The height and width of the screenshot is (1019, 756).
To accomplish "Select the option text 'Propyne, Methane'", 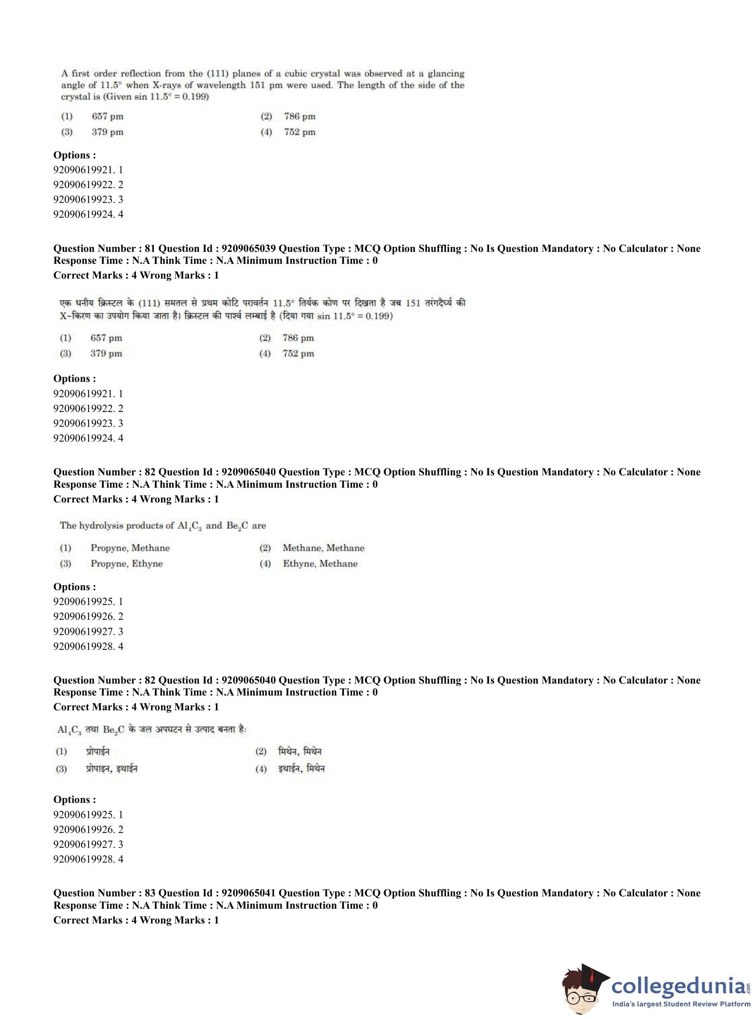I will click(130, 548).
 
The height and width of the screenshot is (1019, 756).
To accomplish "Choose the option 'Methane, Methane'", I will click(323, 548).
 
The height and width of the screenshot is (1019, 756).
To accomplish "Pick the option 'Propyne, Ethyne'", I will click(126, 563).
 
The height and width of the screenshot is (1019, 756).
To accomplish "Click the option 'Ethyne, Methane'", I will click(320, 563).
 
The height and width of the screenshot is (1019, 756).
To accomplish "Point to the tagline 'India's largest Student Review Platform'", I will click(681, 1004).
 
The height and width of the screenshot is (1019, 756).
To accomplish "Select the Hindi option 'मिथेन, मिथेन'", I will click(300, 751).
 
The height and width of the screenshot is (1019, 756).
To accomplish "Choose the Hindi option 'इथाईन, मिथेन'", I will click(301, 769).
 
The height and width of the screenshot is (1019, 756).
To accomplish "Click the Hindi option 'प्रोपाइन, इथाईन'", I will click(112, 769).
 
